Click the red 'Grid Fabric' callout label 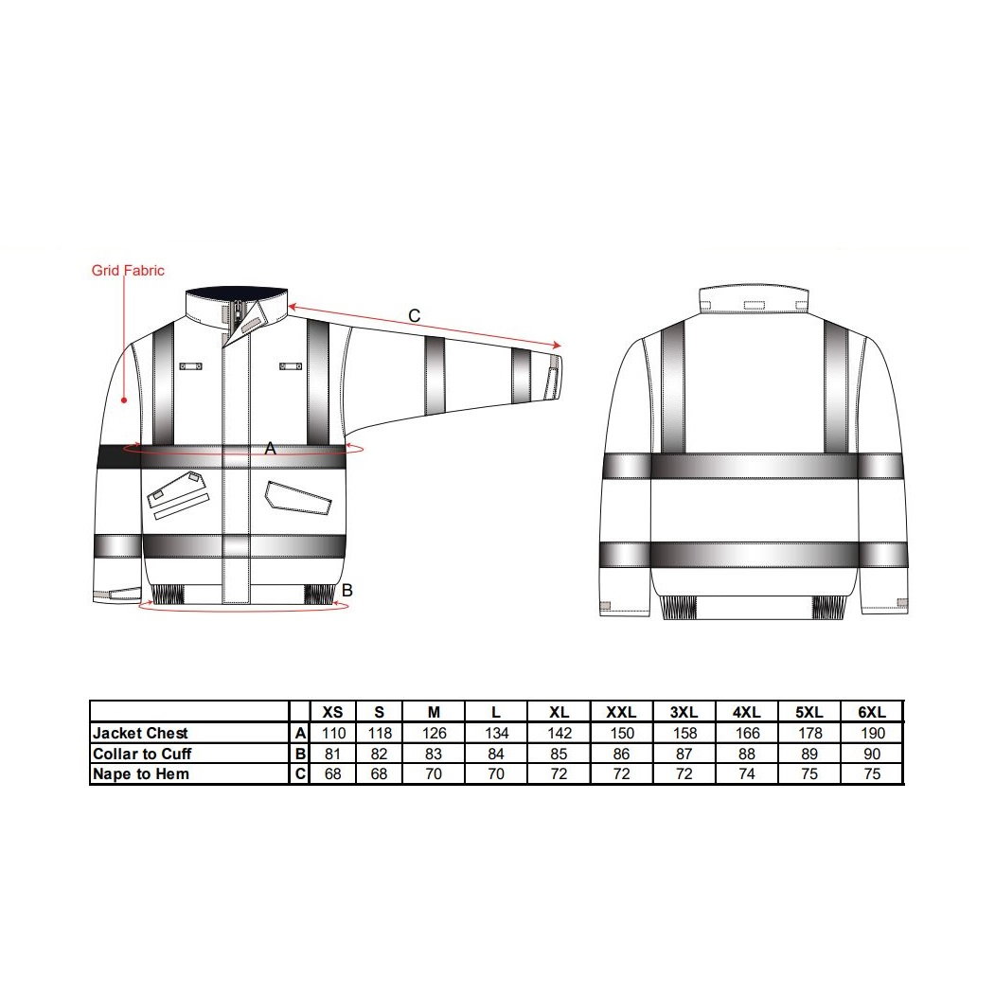tap(128, 271)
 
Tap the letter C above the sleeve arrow tap(415, 315)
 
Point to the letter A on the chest tap(271, 449)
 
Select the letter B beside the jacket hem tap(347, 590)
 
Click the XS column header tap(332, 712)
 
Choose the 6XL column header tap(872, 712)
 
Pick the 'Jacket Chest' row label tap(140, 733)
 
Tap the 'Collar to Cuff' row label tap(142, 754)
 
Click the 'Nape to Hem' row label tap(141, 774)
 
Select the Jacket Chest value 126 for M tap(434, 734)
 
